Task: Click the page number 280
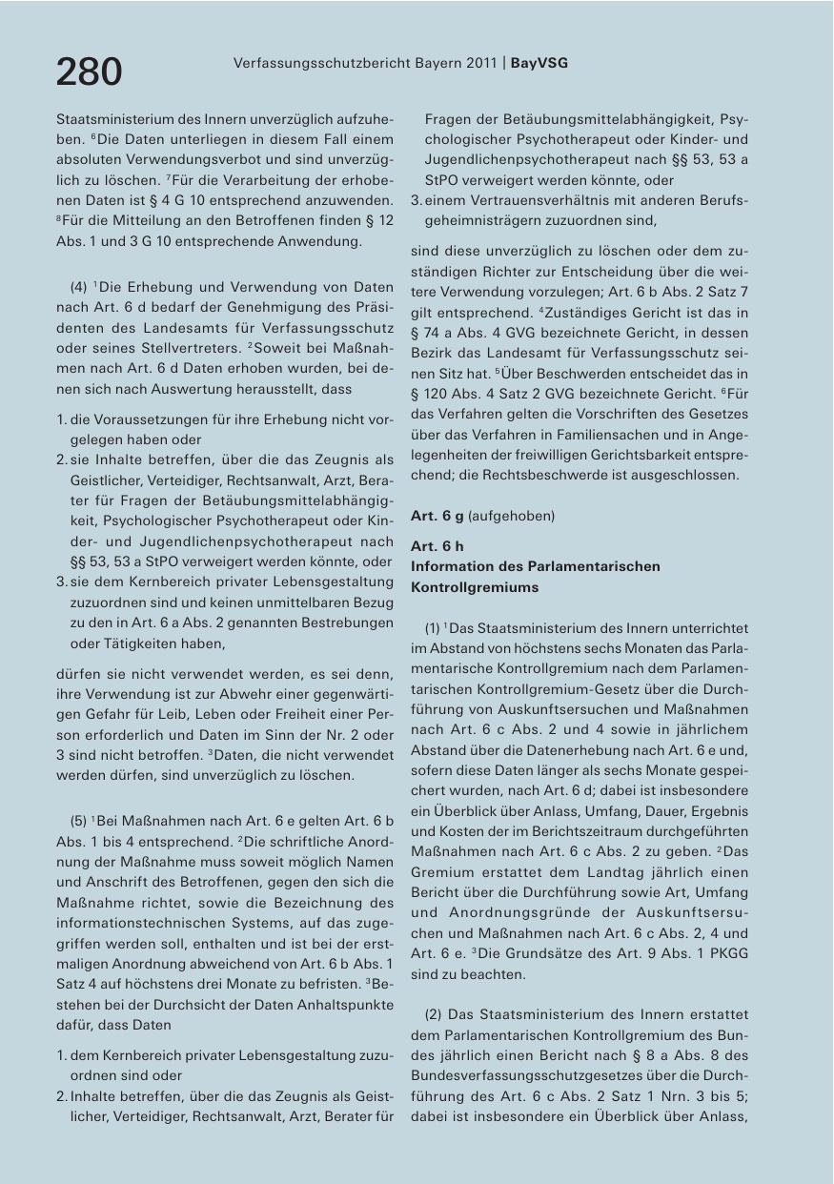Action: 89,71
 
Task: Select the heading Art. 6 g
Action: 437,516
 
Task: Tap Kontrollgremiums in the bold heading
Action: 474,587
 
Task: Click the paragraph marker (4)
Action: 80,286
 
